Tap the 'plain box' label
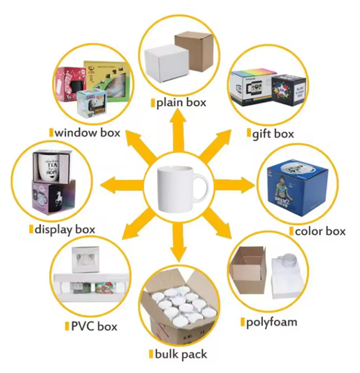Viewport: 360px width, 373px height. tap(181, 103)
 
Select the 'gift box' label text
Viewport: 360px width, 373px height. tap(273, 134)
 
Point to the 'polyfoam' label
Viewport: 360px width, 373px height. tap(271, 322)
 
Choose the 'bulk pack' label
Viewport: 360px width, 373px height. tap(181, 354)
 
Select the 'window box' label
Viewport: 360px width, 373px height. tap(87, 132)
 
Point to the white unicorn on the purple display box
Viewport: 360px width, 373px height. tap(58, 201)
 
